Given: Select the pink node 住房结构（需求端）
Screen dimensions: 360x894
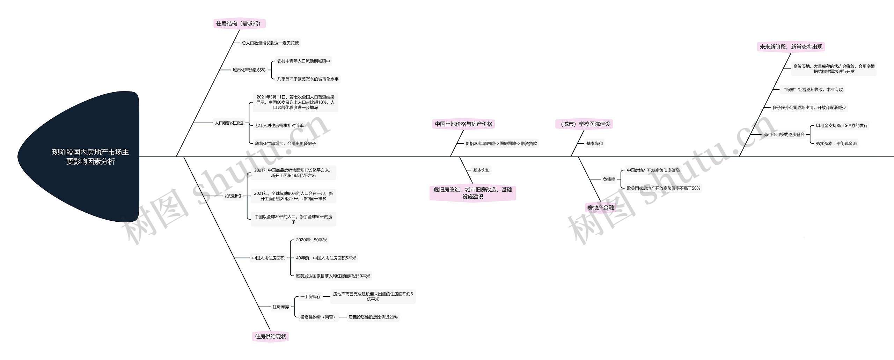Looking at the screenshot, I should click(x=239, y=23).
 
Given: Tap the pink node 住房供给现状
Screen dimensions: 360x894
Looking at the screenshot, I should click(x=270, y=336).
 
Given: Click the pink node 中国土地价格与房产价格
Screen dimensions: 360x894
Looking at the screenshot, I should click(x=463, y=124).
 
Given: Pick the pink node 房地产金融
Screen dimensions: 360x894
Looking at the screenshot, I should click(x=600, y=207).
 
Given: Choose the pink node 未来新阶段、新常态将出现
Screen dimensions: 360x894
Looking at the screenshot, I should click(x=791, y=47).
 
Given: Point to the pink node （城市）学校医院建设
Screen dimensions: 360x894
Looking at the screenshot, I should click(x=584, y=124).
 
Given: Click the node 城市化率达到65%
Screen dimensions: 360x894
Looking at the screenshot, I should click(x=249, y=70).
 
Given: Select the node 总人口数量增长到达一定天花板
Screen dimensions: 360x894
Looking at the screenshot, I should click(x=270, y=43).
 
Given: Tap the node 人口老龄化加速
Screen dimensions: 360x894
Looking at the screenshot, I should click(x=229, y=123).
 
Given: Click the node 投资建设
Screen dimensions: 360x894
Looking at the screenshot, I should click(x=233, y=196).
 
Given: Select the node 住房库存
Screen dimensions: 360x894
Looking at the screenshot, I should click(x=280, y=307).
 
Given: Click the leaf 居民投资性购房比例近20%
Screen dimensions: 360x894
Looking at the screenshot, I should click(x=373, y=317).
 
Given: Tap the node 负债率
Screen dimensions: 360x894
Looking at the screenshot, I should click(x=609, y=179).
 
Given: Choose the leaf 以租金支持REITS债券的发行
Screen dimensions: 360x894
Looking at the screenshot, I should click(x=841, y=125).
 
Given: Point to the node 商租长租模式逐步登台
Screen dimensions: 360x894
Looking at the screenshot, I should click(x=784, y=134).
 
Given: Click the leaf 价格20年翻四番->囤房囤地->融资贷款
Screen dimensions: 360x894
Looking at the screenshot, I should click(x=501, y=144).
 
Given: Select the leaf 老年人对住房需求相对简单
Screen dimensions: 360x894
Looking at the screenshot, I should click(x=279, y=125).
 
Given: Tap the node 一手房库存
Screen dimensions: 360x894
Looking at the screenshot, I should click(x=310, y=296).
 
